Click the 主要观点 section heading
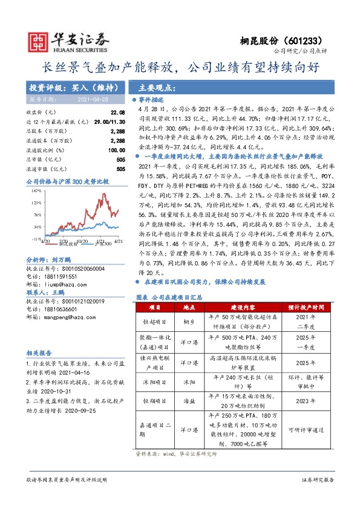153,87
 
